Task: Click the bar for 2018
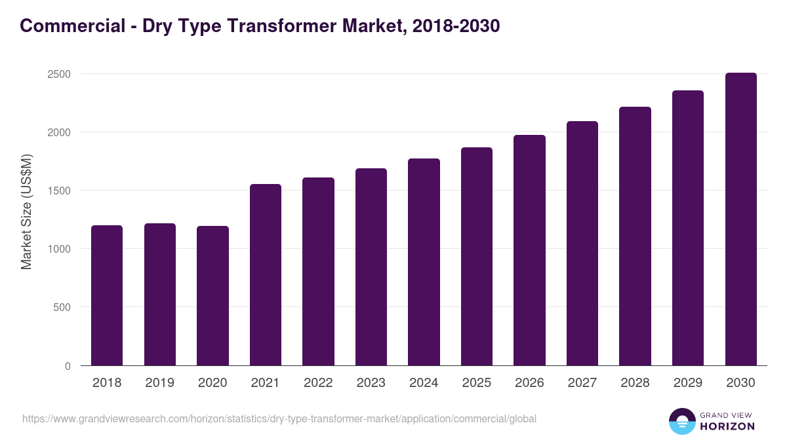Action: (107, 295)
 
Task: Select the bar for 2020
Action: (212, 295)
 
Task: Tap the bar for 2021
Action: (266, 275)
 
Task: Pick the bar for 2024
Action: (424, 262)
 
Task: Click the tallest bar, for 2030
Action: (740, 219)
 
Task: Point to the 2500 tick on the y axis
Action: (59, 74)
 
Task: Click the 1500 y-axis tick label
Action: (59, 191)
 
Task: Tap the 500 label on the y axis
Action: (62, 307)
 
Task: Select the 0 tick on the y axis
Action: (68, 366)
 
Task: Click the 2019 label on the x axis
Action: (159, 383)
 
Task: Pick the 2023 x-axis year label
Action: (371, 383)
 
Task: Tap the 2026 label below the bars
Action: (529, 383)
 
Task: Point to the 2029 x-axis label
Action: (688, 383)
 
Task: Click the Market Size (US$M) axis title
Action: (26, 212)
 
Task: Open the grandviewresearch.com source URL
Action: (279, 418)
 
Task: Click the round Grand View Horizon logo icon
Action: (682, 421)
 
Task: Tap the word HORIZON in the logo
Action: (727, 426)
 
